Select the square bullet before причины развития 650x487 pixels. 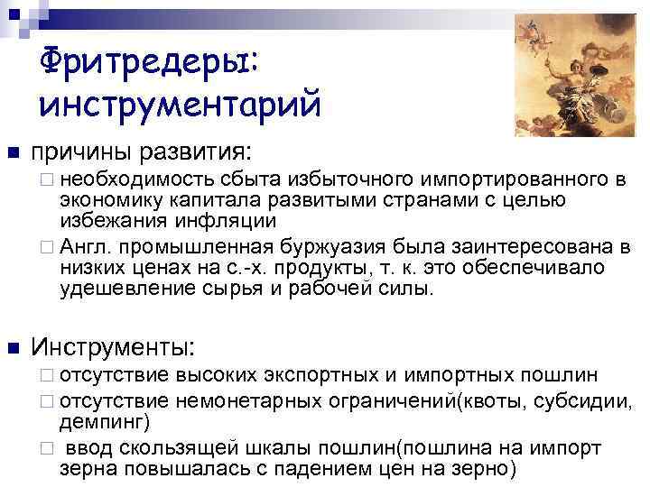pos(12,151)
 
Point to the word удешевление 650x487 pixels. pos(118,289)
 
